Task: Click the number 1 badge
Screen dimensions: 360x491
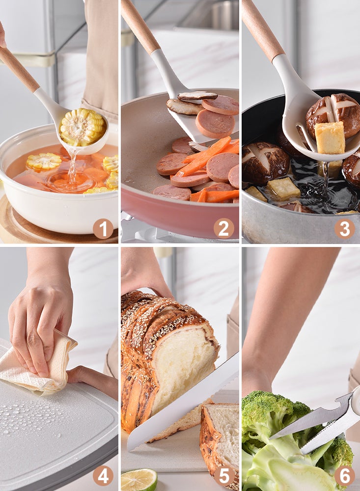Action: [x=103, y=229]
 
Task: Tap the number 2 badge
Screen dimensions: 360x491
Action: [x=223, y=228]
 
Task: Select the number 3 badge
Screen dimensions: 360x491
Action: [x=345, y=229]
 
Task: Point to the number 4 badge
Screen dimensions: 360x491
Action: [x=103, y=475]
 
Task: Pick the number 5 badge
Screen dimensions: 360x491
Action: [x=223, y=475]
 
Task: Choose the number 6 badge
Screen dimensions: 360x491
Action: [x=345, y=475]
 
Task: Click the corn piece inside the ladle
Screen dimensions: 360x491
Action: [x=83, y=127]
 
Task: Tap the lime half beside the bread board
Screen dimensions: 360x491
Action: [x=139, y=480]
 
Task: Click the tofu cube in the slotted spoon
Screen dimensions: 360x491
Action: [x=330, y=138]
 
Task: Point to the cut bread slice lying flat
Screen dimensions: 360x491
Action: [x=220, y=438]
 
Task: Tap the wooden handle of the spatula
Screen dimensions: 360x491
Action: [x=140, y=27]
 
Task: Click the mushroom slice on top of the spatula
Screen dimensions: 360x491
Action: [x=197, y=96]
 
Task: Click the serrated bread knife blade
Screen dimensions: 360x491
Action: [x=183, y=404]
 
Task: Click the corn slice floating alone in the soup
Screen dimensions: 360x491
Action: [x=44, y=161]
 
